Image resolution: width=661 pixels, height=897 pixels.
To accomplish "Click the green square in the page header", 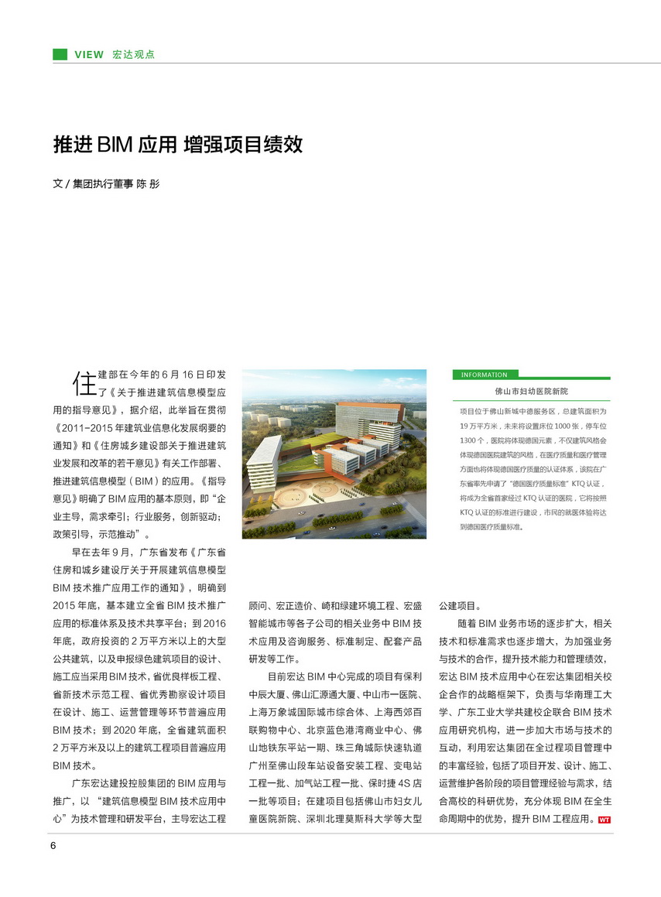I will (60, 54).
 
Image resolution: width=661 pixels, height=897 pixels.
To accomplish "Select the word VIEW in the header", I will (88, 55).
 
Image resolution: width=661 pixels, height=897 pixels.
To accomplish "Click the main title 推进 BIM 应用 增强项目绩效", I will (177, 145).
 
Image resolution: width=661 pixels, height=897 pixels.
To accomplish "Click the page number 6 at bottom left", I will (53, 844).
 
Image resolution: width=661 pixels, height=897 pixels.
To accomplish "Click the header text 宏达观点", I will (133, 55).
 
